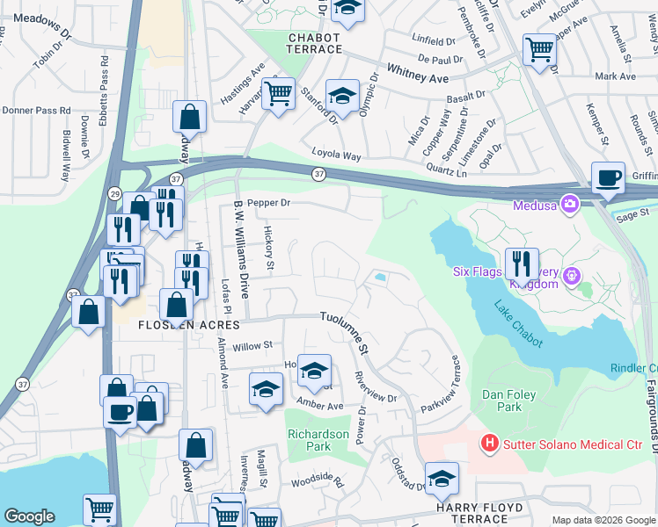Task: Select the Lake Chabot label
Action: coord(518,324)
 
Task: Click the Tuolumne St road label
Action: coord(344,332)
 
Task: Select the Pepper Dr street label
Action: coord(269,203)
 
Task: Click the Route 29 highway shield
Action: coord(114,192)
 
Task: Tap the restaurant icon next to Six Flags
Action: coord(521,263)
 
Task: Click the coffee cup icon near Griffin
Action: coord(608,177)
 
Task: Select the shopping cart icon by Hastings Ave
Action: coord(279,92)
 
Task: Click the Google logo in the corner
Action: coord(29,516)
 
